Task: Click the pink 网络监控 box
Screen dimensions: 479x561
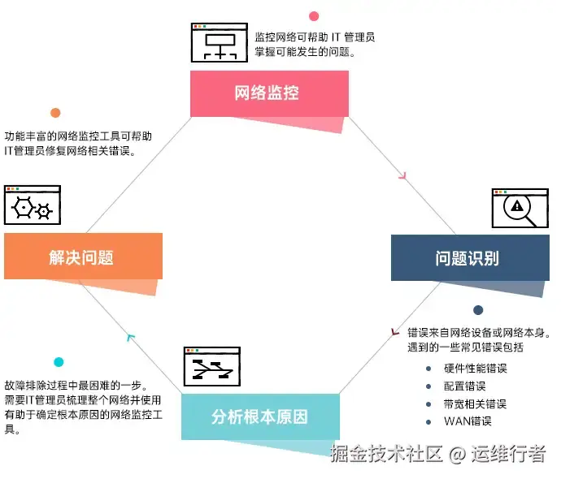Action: coord(269,93)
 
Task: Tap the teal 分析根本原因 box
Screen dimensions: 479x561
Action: coord(260,417)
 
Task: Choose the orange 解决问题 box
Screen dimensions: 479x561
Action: coord(83,257)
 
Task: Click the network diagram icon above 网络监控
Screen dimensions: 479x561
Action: coord(219,42)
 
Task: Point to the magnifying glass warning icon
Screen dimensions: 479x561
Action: coord(516,209)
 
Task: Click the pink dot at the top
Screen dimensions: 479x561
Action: coord(314,15)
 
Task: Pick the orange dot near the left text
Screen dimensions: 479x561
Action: coord(55,113)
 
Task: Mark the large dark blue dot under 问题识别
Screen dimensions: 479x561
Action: coord(478,310)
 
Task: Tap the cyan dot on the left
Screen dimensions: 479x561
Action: coord(59,362)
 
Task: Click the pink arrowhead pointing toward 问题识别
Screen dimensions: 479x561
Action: coord(401,174)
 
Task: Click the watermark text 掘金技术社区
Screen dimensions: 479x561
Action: coord(386,454)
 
